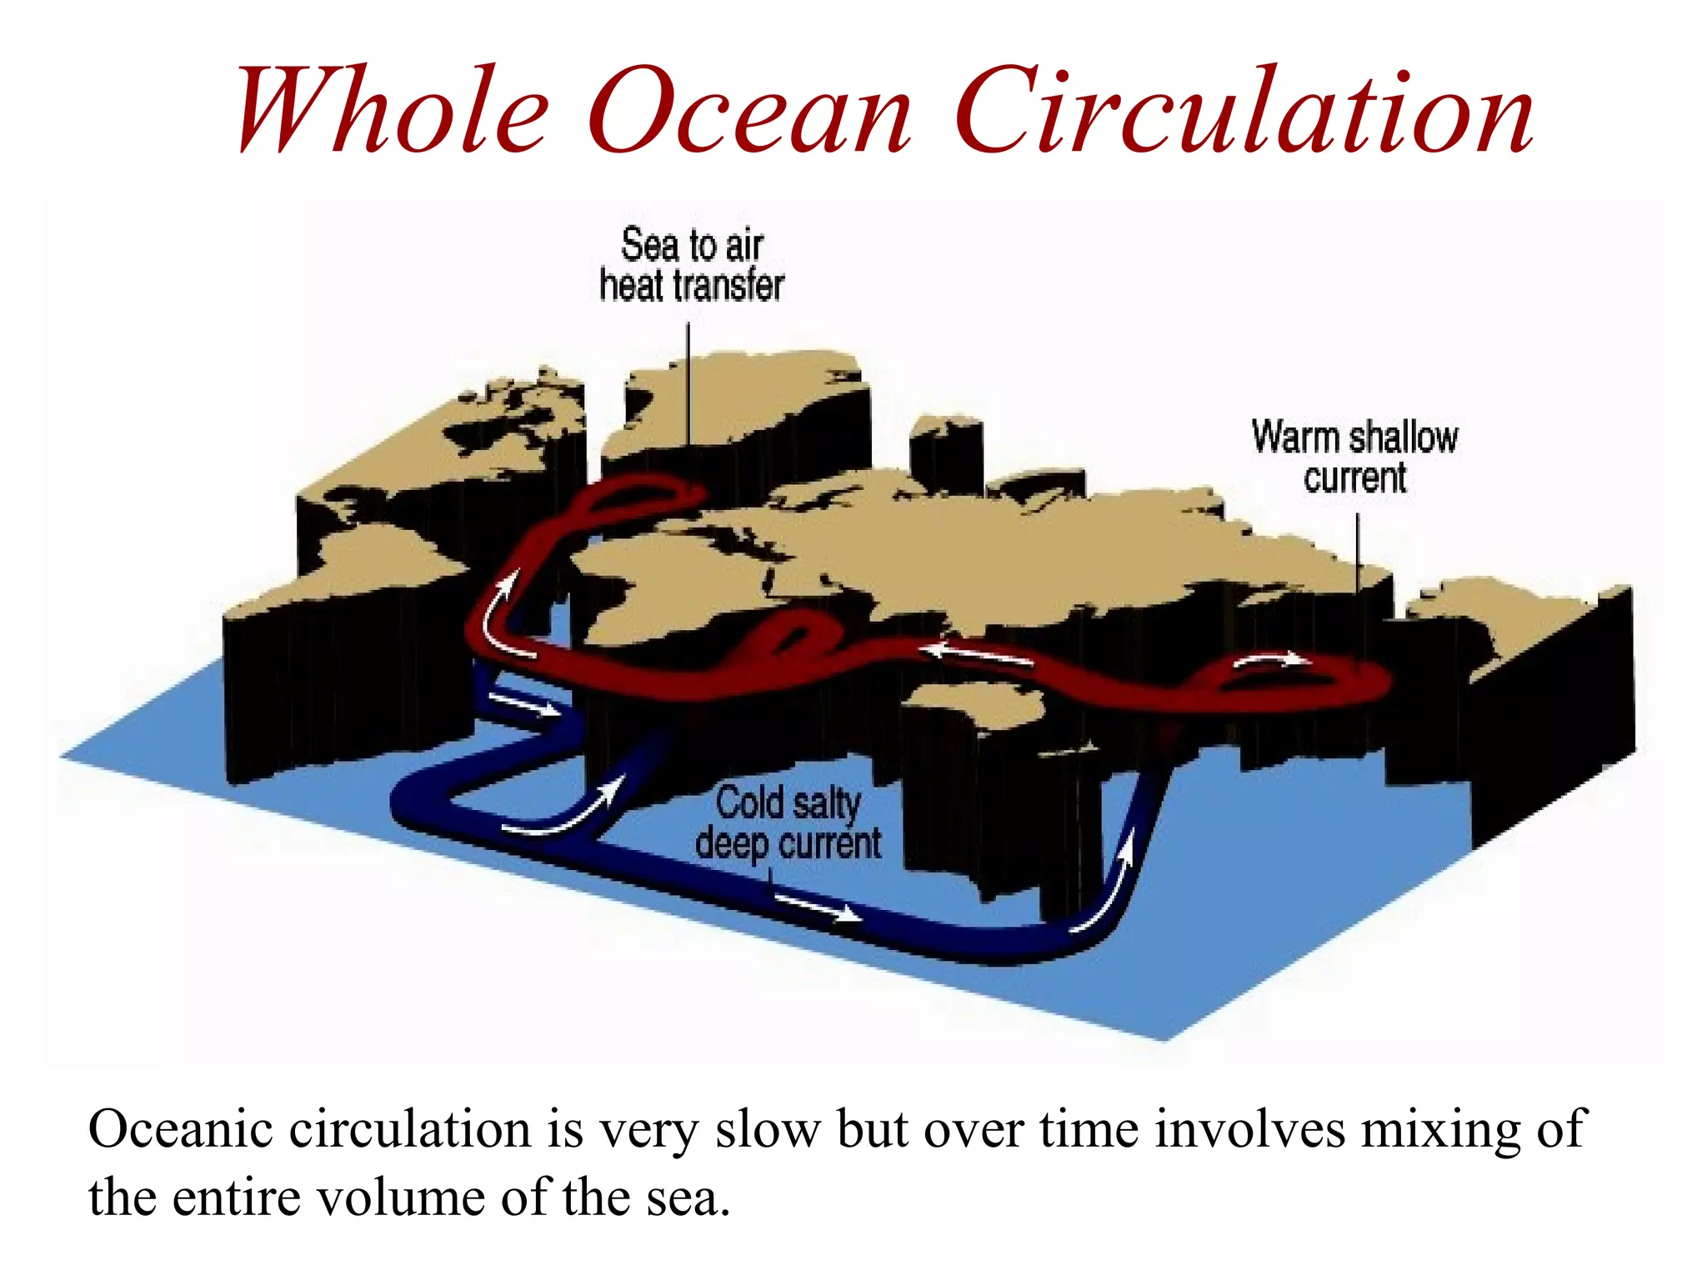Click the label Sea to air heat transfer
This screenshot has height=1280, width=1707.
click(x=692, y=265)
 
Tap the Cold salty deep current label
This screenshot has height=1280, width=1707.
click(x=788, y=823)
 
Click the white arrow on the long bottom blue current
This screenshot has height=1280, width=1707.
click(x=817, y=907)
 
